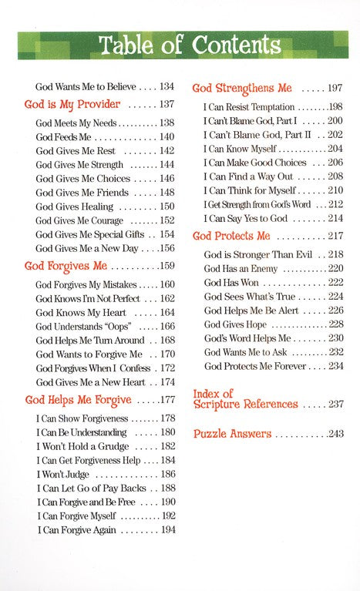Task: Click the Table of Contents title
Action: [180, 45]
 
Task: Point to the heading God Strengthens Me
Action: [243, 88]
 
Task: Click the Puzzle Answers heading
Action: [232, 434]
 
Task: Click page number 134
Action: [165, 87]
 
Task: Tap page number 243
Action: [335, 435]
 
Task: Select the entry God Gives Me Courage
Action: [78, 220]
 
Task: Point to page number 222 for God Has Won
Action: [335, 283]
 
